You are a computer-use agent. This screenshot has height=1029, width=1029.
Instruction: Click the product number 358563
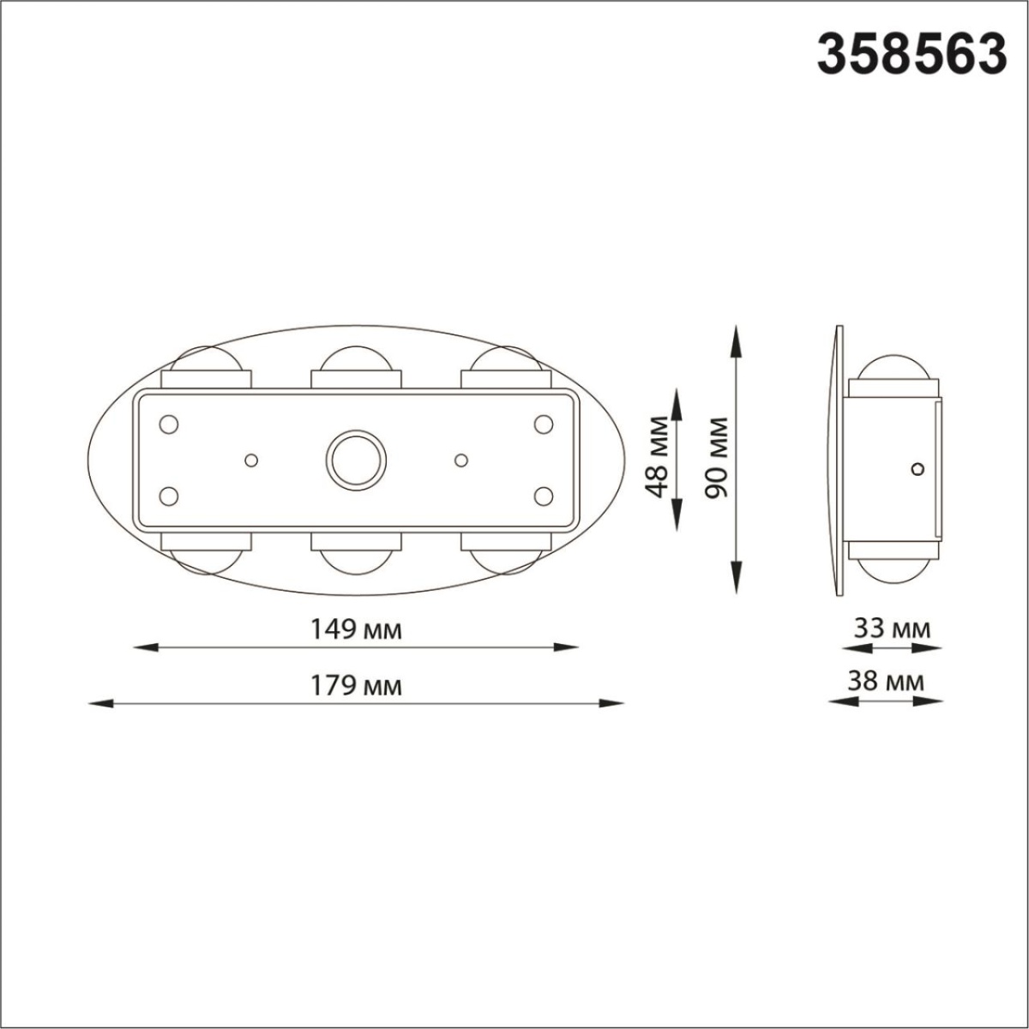[x=911, y=54]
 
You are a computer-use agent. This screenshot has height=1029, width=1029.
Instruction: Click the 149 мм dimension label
[x=357, y=629]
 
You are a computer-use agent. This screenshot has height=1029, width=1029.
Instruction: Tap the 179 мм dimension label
[x=357, y=686]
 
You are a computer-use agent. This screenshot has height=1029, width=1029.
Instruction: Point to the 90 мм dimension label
[x=717, y=457]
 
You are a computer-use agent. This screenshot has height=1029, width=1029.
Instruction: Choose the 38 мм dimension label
[x=887, y=682]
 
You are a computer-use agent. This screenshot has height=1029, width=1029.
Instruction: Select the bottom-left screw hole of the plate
[x=170, y=496]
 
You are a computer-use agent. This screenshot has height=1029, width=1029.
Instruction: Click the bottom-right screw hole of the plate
[x=543, y=496]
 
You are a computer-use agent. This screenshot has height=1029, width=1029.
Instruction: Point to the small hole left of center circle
[x=251, y=460]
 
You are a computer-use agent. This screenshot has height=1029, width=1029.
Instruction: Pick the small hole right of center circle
[x=461, y=460]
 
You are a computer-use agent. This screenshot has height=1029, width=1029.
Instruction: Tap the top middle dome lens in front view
[x=356, y=358]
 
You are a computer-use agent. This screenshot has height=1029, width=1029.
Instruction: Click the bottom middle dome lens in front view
[x=356, y=561]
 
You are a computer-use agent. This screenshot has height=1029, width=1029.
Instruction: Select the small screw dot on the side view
[x=918, y=468]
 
